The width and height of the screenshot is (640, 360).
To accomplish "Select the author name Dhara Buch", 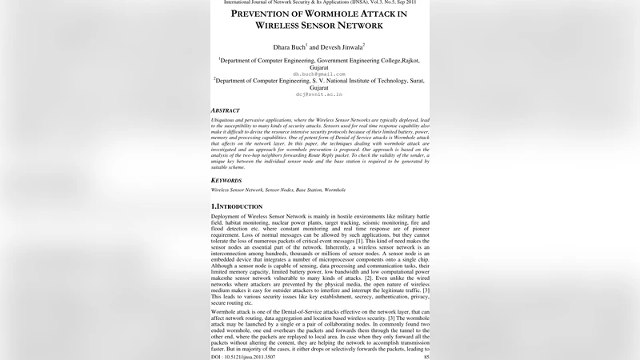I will [x=286, y=47].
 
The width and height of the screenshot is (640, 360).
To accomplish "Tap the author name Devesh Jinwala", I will [x=342, y=47].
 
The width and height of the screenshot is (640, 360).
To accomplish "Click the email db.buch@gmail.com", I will [x=319, y=74].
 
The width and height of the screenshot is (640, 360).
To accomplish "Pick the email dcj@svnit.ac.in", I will [x=319, y=94].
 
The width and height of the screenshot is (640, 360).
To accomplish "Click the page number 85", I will [x=426, y=356].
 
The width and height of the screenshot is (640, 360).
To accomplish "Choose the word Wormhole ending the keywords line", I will [x=334, y=190].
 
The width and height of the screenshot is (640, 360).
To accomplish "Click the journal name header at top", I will [x=320, y=3].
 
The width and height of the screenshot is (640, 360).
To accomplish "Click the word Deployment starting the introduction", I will [x=227, y=217].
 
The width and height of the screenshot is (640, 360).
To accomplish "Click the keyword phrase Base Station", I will [x=310, y=190].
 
